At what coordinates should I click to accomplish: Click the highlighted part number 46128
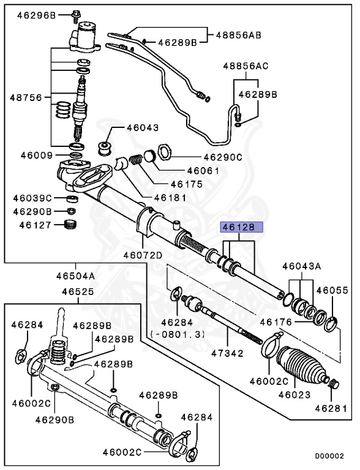[x=241, y=227]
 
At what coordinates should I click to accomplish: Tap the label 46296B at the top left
[x=36, y=15]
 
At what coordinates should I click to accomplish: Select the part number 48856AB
[x=239, y=35]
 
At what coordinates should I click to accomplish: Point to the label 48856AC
[x=246, y=66]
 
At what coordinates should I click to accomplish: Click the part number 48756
[x=26, y=98]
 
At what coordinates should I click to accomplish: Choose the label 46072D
[x=143, y=255]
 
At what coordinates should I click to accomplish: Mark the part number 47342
[x=227, y=353]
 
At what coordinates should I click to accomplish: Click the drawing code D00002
[x=329, y=456]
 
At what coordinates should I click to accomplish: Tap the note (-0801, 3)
[x=178, y=334]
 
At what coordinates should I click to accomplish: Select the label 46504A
[x=75, y=276]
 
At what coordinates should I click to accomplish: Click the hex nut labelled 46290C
[x=164, y=152]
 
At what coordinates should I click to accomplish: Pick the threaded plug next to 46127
[x=71, y=224]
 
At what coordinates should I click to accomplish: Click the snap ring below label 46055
[x=331, y=324]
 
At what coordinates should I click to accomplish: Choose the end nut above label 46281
[x=334, y=384]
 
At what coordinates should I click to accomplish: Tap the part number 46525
[x=78, y=291]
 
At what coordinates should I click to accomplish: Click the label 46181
[x=170, y=198]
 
